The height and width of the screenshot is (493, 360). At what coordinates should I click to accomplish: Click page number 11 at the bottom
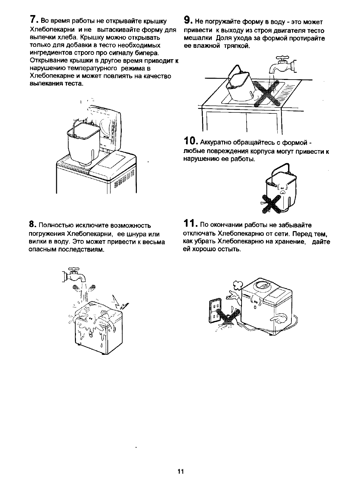180,472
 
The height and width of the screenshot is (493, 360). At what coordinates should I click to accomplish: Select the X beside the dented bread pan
272,204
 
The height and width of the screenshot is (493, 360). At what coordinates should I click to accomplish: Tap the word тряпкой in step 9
238,46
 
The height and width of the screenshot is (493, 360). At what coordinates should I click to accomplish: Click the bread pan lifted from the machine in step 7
84,140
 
